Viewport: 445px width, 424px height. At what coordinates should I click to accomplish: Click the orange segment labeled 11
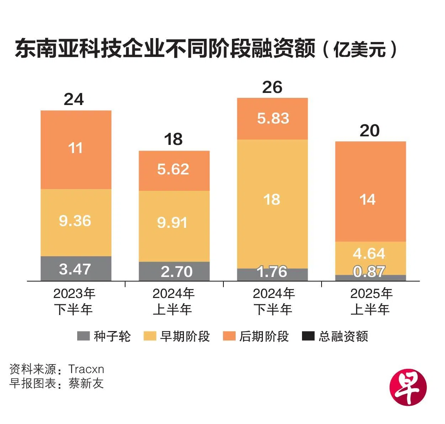pyautogui.click(x=76, y=150)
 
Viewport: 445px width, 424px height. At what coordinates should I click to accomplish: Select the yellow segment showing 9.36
pyautogui.click(x=76, y=223)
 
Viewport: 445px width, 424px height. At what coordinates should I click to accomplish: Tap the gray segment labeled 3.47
pyautogui.click(x=76, y=269)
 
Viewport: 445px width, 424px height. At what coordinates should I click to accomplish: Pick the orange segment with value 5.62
pyautogui.click(x=174, y=171)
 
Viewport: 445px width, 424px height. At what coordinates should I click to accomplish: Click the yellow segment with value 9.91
pyautogui.click(x=174, y=226)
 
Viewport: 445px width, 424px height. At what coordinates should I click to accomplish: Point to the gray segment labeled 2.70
pyautogui.click(x=174, y=272)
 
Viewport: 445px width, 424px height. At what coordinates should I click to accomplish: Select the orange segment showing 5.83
pyautogui.click(x=272, y=119)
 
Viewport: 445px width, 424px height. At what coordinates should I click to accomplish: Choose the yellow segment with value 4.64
pyautogui.click(x=370, y=254)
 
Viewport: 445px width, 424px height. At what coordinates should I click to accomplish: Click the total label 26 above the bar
pyautogui.click(x=272, y=87)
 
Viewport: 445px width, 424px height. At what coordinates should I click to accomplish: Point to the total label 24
pyautogui.click(x=74, y=99)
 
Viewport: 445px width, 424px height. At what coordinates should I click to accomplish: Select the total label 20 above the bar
pyautogui.click(x=370, y=131)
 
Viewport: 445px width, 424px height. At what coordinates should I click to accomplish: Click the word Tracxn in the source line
pyautogui.click(x=86, y=369)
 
